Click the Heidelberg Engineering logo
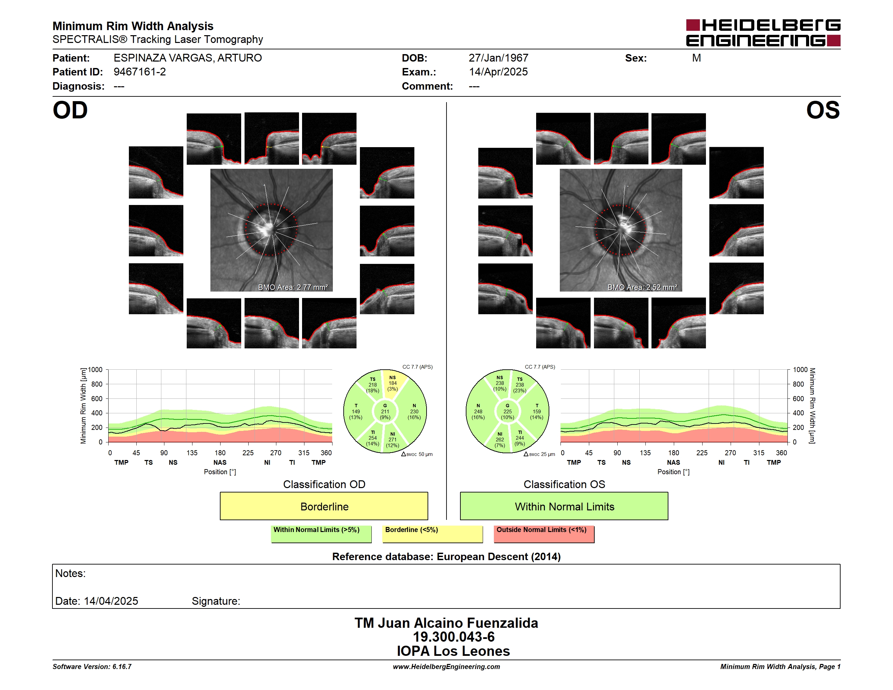click(763, 33)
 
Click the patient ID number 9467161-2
click(140, 72)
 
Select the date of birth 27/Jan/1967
click(499, 58)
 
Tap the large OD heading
click(70, 110)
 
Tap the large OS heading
click(823, 110)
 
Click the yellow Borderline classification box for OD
click(324, 506)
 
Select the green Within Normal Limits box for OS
click(564, 506)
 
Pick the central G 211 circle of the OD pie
click(385, 412)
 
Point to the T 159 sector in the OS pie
click(536, 412)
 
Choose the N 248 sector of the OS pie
click(478, 412)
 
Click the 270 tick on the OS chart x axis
click(730, 453)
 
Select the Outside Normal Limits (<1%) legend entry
click(544, 534)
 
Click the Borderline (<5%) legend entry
click(433, 534)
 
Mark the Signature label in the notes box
click(216, 601)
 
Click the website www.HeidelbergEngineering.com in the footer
click(446, 667)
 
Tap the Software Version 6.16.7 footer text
click(92, 667)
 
